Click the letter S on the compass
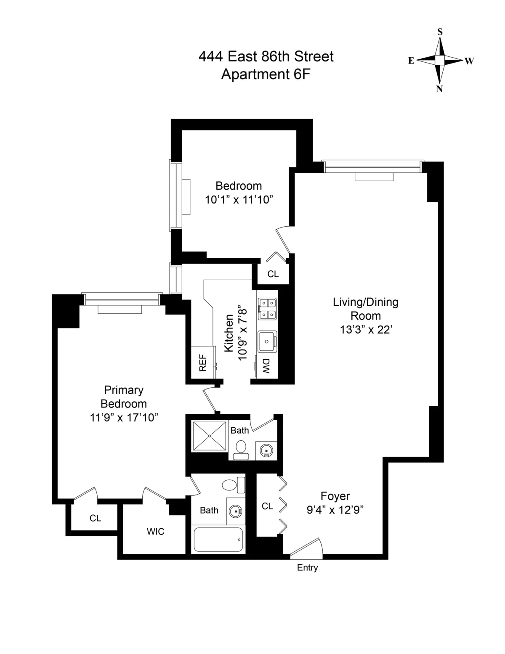pos(440,32)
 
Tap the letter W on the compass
pos(469,61)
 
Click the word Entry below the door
pos(307,567)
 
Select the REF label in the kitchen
pos(203,363)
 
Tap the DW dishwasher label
pos(266,366)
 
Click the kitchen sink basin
pos(266,341)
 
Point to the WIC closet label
pos(155,532)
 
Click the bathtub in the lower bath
pos(218,540)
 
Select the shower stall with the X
pos(210,436)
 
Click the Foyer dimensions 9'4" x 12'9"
pos(335,510)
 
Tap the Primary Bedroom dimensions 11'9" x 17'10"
pos(124,417)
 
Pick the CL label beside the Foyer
pos(267,506)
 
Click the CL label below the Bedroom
pos(273,274)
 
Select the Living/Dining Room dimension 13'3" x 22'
pos(366,330)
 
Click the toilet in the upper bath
pos(241,448)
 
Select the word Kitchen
pos(229,333)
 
